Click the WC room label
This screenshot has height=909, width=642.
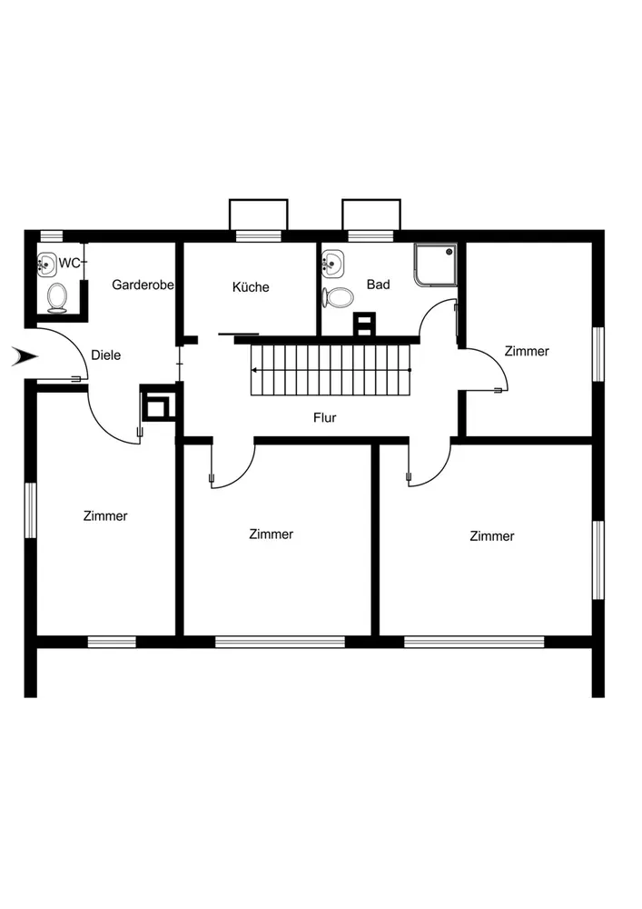[69, 264]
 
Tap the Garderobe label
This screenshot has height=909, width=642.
[143, 285]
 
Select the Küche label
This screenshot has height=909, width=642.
[251, 287]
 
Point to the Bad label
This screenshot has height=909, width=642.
[378, 285]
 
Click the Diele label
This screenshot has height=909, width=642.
[106, 355]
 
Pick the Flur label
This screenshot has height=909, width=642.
[324, 418]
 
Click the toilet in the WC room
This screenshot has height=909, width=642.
[58, 296]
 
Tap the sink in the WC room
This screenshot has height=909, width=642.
[45, 265]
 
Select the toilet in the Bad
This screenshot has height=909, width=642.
[340, 296]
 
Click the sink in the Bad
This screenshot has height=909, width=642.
[332, 265]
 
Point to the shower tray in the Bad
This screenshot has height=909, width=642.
[435, 265]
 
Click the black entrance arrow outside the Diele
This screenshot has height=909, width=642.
[22, 357]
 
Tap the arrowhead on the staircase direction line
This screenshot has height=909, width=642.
[256, 370]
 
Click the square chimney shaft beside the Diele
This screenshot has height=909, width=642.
[156, 405]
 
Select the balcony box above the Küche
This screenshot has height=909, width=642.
[258, 215]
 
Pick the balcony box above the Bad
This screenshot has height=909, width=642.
[370, 215]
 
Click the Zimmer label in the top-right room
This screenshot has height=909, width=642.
[527, 351]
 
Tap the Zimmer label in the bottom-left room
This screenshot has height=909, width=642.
[105, 516]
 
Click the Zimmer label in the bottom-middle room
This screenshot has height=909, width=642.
[272, 534]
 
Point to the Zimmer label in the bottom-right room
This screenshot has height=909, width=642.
[492, 536]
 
